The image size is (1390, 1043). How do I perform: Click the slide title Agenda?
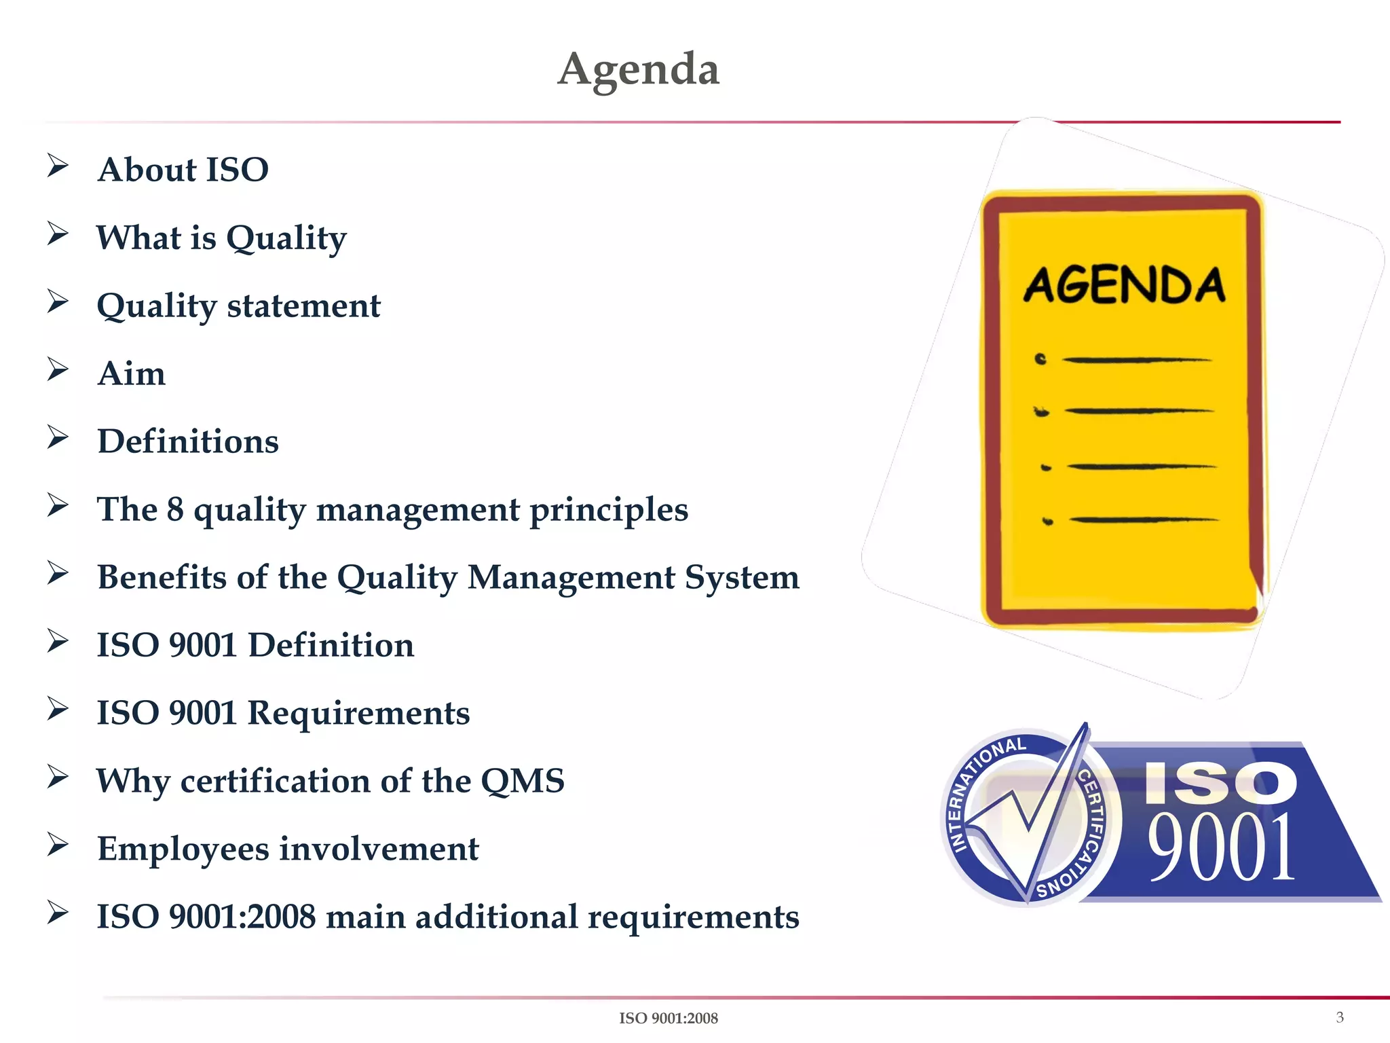click(x=638, y=69)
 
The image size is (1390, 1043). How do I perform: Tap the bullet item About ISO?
click(x=183, y=170)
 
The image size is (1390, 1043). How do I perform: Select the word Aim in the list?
click(x=131, y=373)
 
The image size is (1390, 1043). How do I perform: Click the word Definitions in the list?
click(x=188, y=441)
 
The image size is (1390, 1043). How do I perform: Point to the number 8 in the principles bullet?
click(x=175, y=509)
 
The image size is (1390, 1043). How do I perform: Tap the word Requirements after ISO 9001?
click(x=358, y=713)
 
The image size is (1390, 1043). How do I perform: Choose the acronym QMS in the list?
click(x=522, y=781)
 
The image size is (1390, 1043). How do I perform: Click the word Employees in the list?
click(x=183, y=849)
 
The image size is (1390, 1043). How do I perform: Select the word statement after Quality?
click(x=303, y=306)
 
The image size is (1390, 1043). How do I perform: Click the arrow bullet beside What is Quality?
click(x=58, y=234)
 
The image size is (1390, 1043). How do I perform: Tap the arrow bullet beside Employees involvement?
click(x=58, y=845)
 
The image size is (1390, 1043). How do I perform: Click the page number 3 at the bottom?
click(x=1339, y=1017)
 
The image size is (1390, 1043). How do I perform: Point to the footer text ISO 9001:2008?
click(x=668, y=1018)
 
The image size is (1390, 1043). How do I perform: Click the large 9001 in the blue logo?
click(x=1220, y=847)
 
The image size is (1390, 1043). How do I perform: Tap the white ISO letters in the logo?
click(x=1220, y=783)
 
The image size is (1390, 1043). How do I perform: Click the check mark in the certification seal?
click(x=1028, y=815)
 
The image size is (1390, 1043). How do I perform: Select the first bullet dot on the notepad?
click(x=1040, y=359)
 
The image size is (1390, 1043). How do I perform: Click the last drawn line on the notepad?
click(x=1144, y=520)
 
